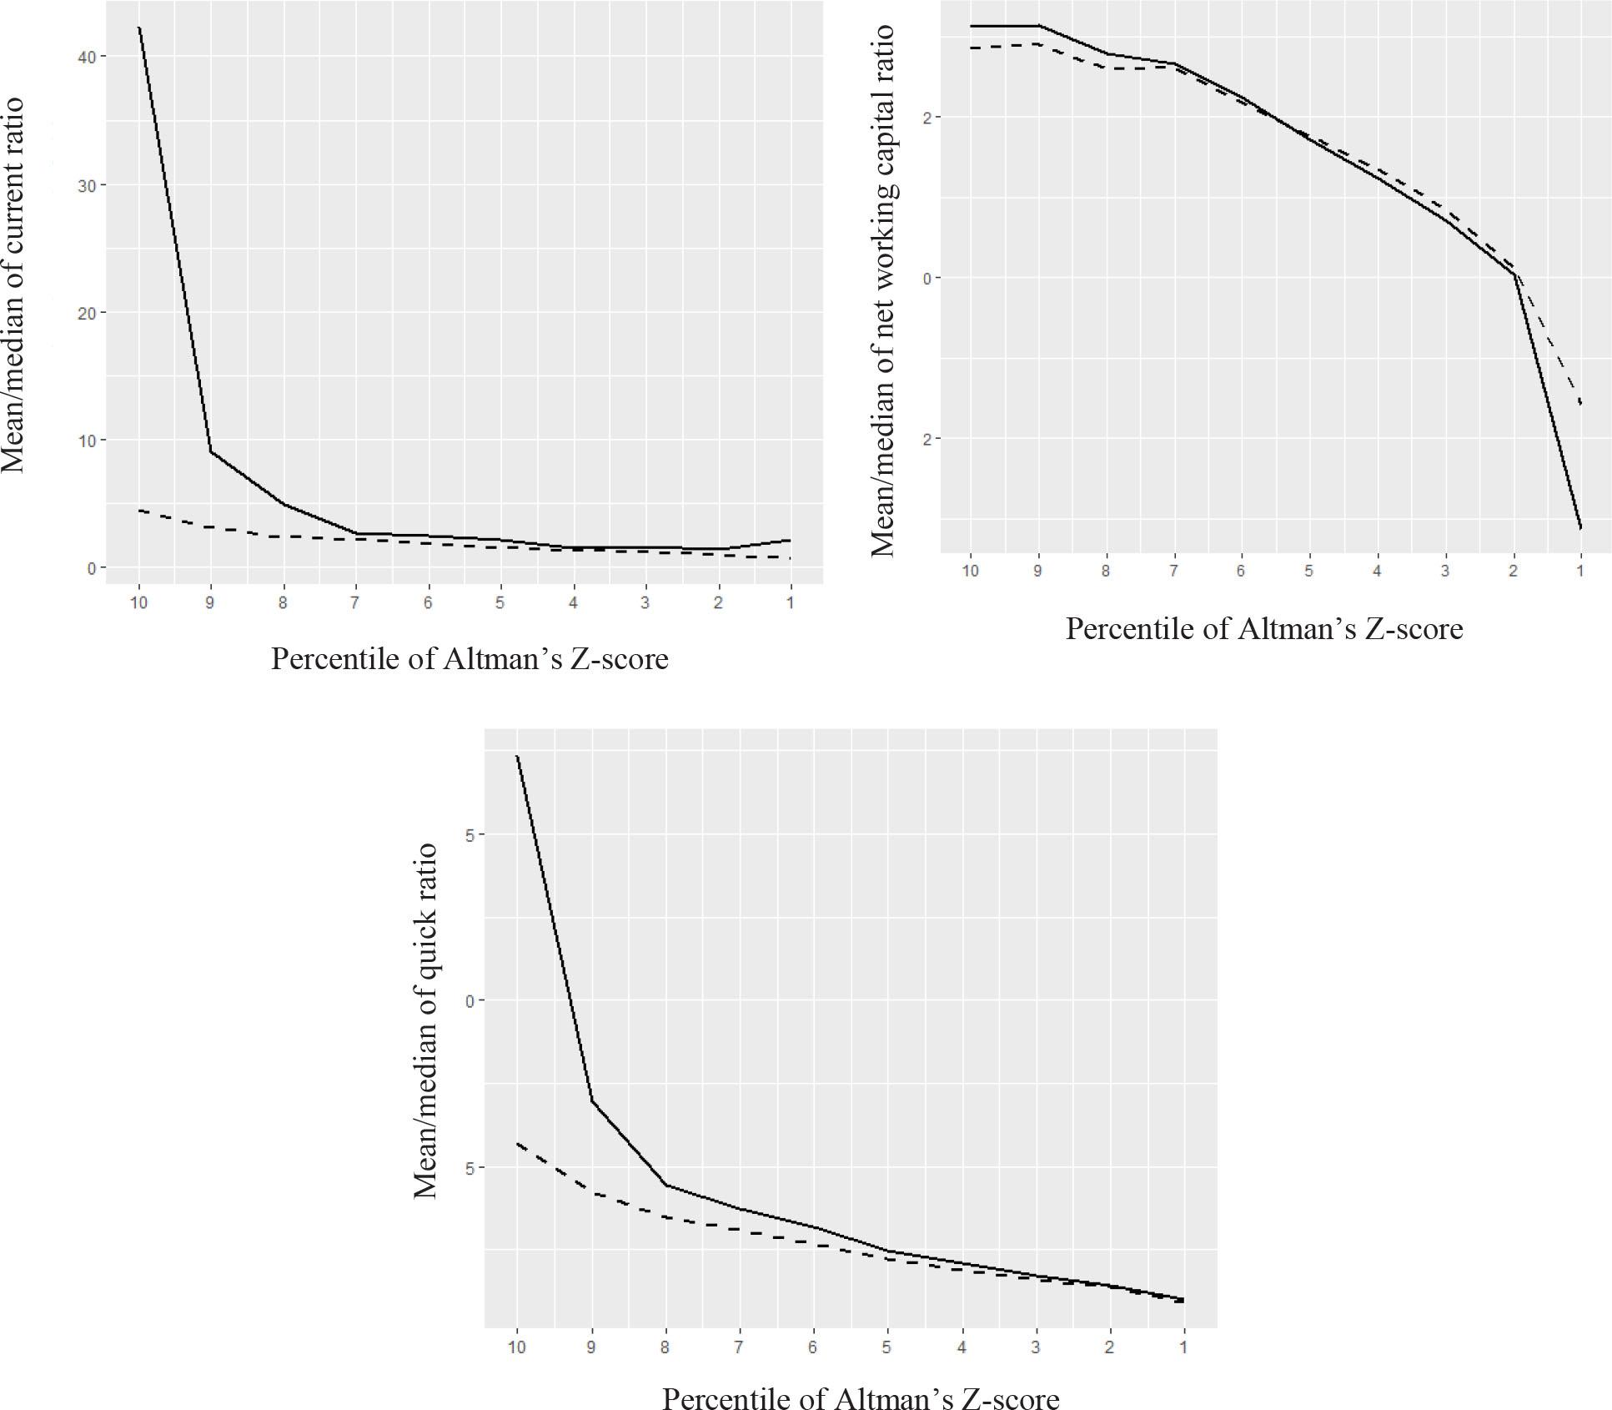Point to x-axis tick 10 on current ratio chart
(138, 602)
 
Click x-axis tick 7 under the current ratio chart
(355, 602)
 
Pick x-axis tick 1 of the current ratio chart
(790, 602)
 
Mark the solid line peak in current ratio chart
(139, 28)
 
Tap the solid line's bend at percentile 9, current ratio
(211, 451)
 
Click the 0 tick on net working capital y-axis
(926, 278)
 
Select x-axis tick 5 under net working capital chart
(1308, 572)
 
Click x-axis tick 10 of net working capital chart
(969, 572)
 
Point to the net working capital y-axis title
(882, 290)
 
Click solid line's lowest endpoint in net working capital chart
(1580, 527)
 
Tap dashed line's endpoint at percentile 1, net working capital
(1580, 405)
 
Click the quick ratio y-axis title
(426, 1020)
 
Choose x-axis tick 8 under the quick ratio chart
(665, 1347)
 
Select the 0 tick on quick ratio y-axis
(470, 1000)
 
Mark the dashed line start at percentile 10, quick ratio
(517, 1143)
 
